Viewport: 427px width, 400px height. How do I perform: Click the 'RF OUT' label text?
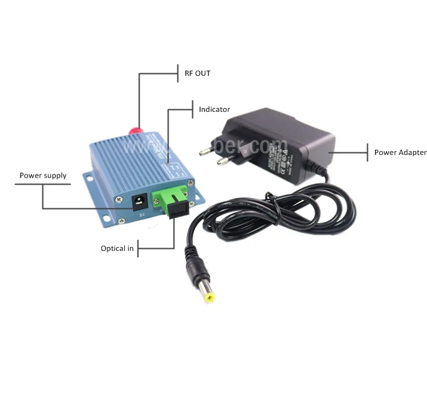[197, 73]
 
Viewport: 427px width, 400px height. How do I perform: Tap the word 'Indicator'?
[214, 109]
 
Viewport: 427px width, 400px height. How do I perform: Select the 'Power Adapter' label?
[400, 152]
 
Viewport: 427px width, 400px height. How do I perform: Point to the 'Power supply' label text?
[43, 176]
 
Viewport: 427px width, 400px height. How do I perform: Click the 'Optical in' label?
[117, 248]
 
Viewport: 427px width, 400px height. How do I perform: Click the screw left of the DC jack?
[120, 200]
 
